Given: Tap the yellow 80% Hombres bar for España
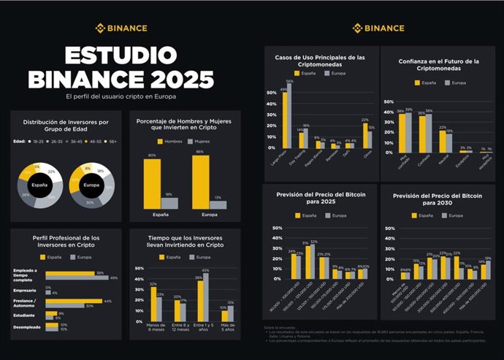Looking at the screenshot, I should coord(152,183).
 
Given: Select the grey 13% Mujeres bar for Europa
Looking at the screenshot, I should coord(218,205).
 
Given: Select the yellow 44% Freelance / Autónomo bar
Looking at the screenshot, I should coord(74,301).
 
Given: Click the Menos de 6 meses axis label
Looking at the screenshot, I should coord(154,329).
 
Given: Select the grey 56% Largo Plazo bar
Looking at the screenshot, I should coord(289,116).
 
